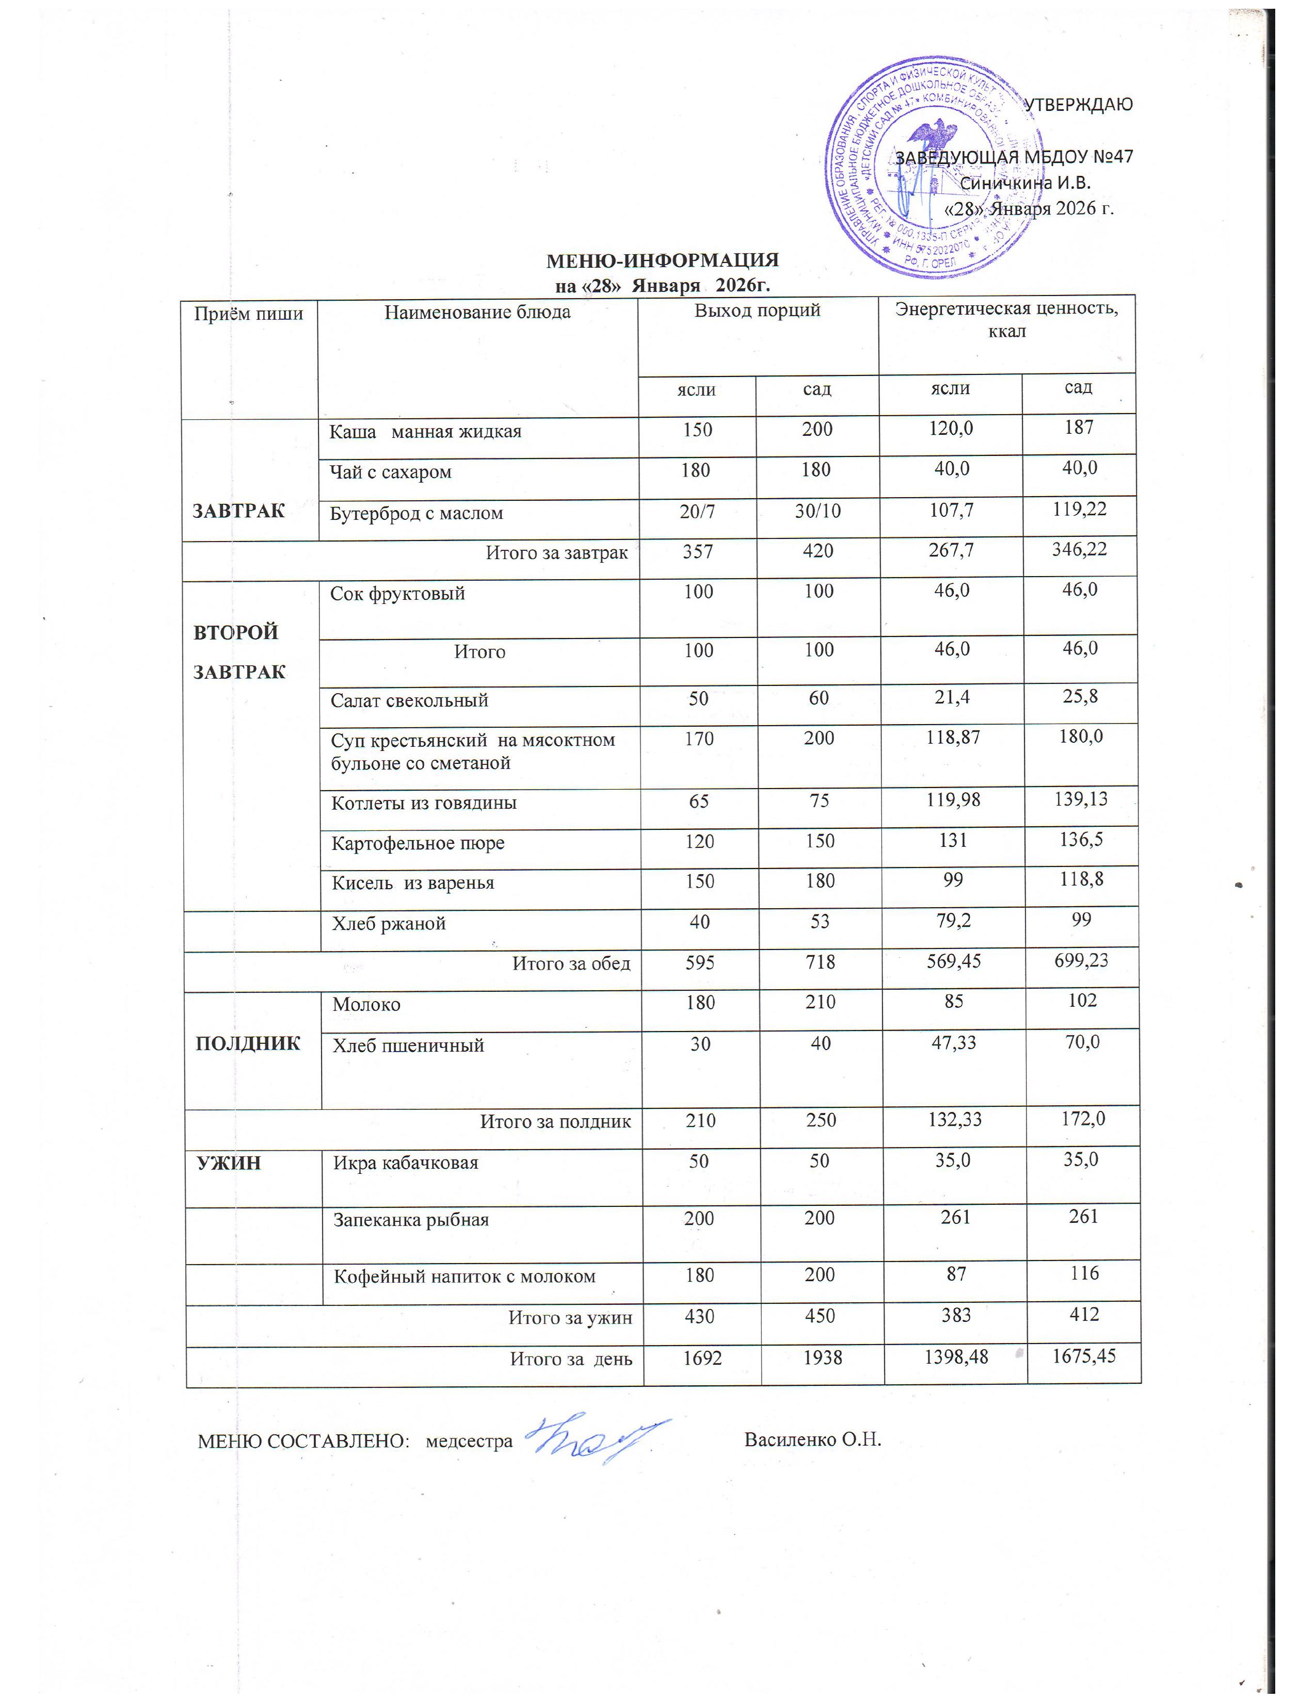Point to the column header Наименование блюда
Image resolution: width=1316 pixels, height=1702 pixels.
coord(477,313)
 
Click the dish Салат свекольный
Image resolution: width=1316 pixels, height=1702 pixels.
coord(409,700)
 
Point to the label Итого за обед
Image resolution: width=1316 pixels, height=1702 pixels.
coord(571,963)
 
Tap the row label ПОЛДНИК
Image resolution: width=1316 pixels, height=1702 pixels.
coord(248,1043)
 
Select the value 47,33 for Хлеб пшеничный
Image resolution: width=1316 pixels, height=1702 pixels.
coord(954,1043)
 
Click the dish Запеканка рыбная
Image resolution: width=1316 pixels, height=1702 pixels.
coord(411,1220)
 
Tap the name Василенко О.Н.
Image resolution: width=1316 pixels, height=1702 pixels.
coord(812,1439)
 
